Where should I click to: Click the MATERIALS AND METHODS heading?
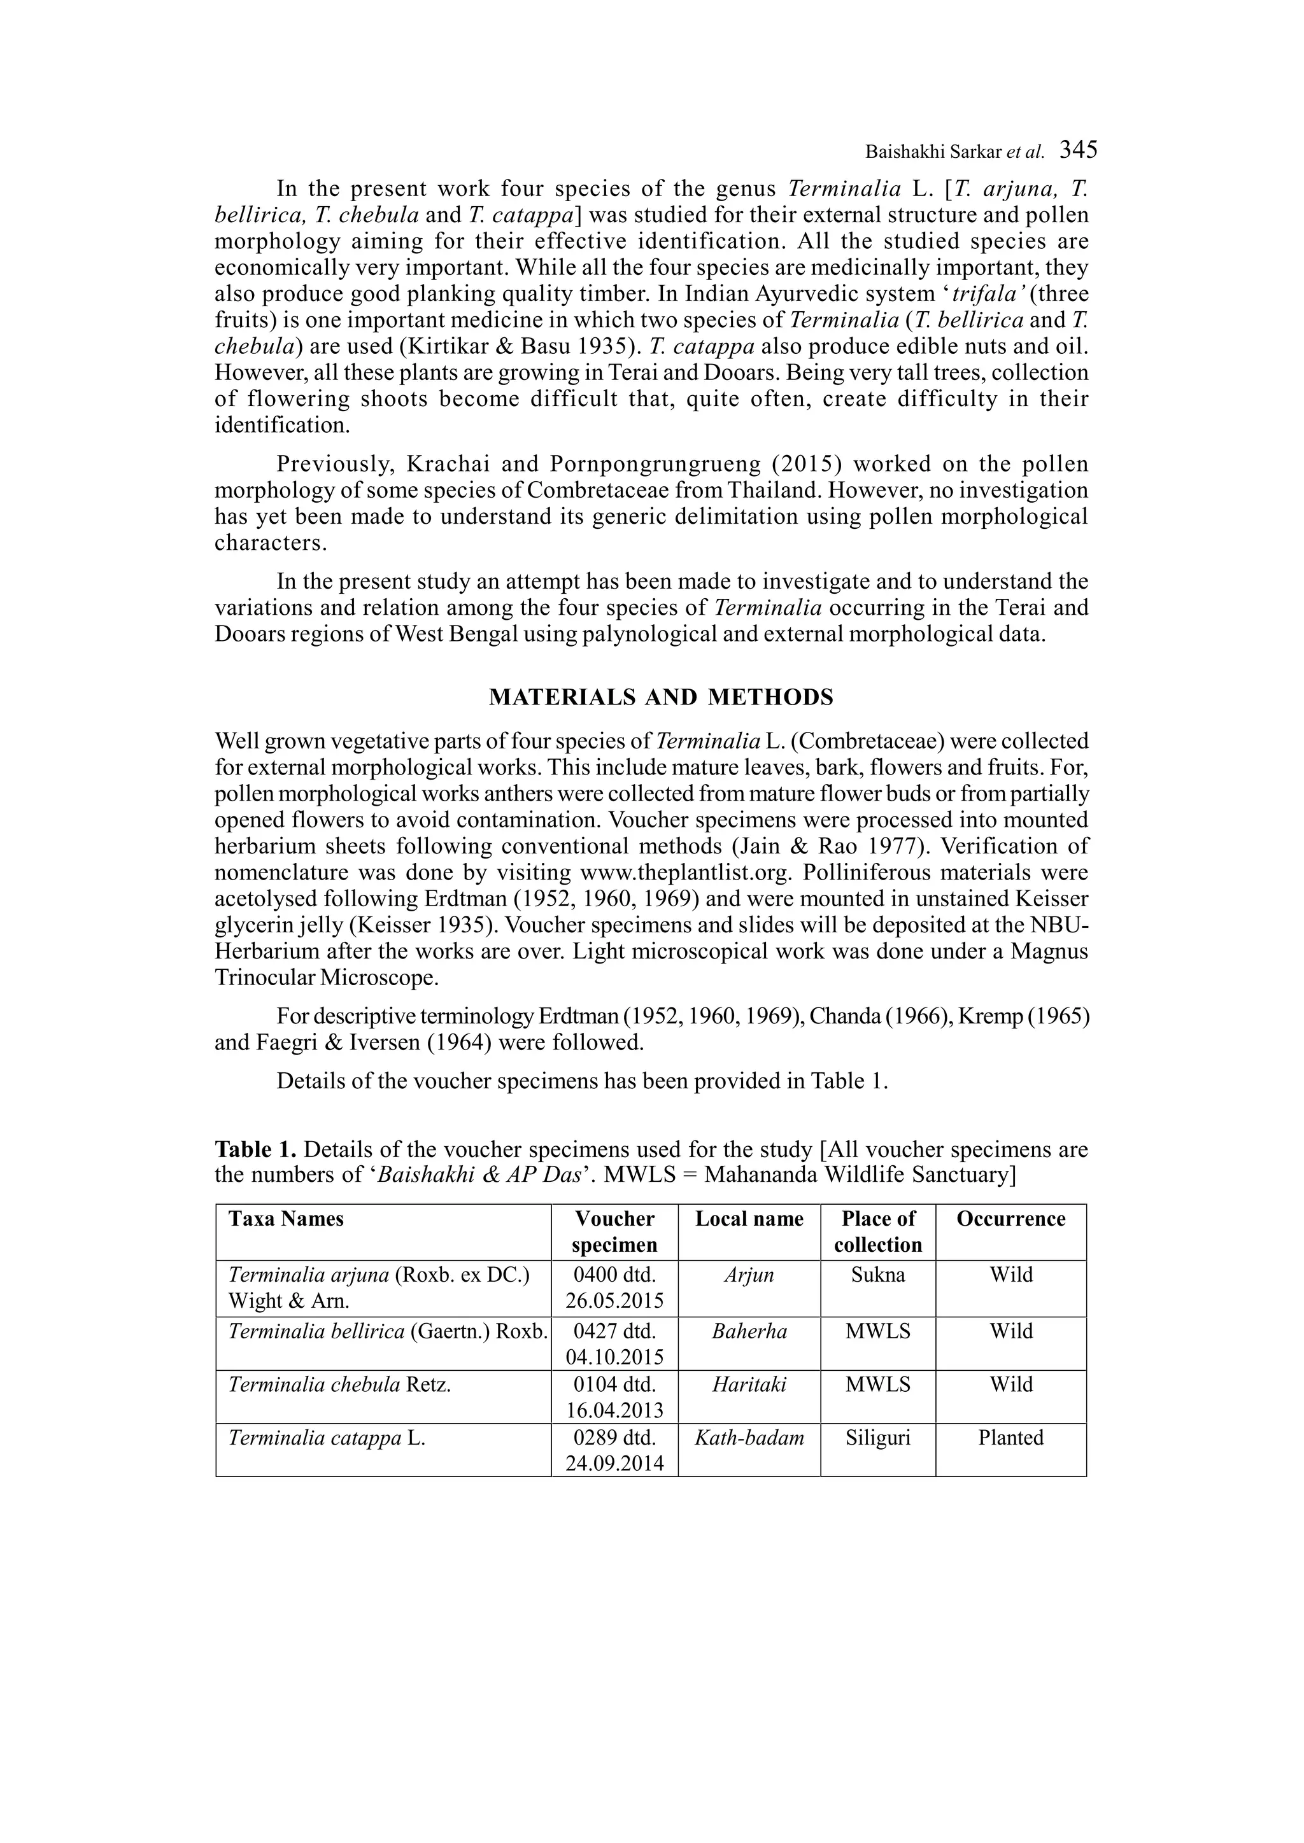coord(661,697)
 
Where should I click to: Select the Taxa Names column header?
coord(286,1219)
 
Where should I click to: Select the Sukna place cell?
coord(877,1275)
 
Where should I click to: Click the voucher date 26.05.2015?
coord(614,1301)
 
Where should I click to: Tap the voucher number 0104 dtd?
coord(614,1384)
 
